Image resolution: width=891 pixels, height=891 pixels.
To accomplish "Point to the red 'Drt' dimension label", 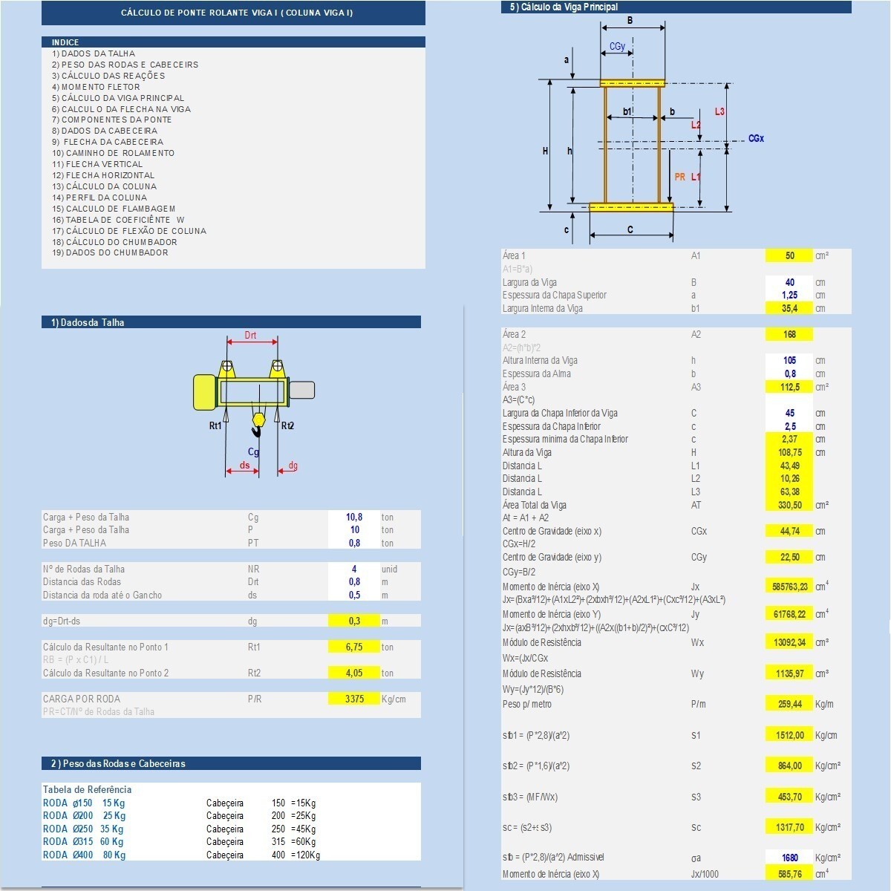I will (x=251, y=336).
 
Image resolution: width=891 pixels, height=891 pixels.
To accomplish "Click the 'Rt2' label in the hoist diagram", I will (x=288, y=426).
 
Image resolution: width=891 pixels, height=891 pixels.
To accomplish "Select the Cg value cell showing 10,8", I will (x=354, y=517).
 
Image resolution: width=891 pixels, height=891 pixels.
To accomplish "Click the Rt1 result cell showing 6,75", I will (x=354, y=647).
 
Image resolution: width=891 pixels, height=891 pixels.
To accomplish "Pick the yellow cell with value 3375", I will (x=354, y=699).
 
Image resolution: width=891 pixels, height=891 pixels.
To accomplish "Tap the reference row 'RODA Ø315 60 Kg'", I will (x=83, y=842).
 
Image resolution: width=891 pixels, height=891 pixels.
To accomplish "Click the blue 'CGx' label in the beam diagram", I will (x=756, y=139).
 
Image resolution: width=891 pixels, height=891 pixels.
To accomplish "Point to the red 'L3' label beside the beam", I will (x=719, y=111).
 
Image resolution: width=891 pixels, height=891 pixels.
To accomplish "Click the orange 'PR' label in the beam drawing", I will (x=680, y=177).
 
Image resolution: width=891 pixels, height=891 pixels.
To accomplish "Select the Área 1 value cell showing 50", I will (x=789, y=255).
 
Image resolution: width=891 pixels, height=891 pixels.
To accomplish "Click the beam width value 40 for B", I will (x=789, y=282).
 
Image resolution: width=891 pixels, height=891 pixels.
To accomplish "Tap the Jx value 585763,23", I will (x=789, y=587).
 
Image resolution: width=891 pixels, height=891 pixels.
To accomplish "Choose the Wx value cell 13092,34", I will (x=789, y=642).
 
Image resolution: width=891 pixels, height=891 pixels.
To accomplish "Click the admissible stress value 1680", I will (x=789, y=858).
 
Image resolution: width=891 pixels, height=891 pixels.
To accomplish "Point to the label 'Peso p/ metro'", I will (x=527, y=704).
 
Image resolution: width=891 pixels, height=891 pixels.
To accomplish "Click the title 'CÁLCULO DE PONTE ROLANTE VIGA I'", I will (x=237, y=13).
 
